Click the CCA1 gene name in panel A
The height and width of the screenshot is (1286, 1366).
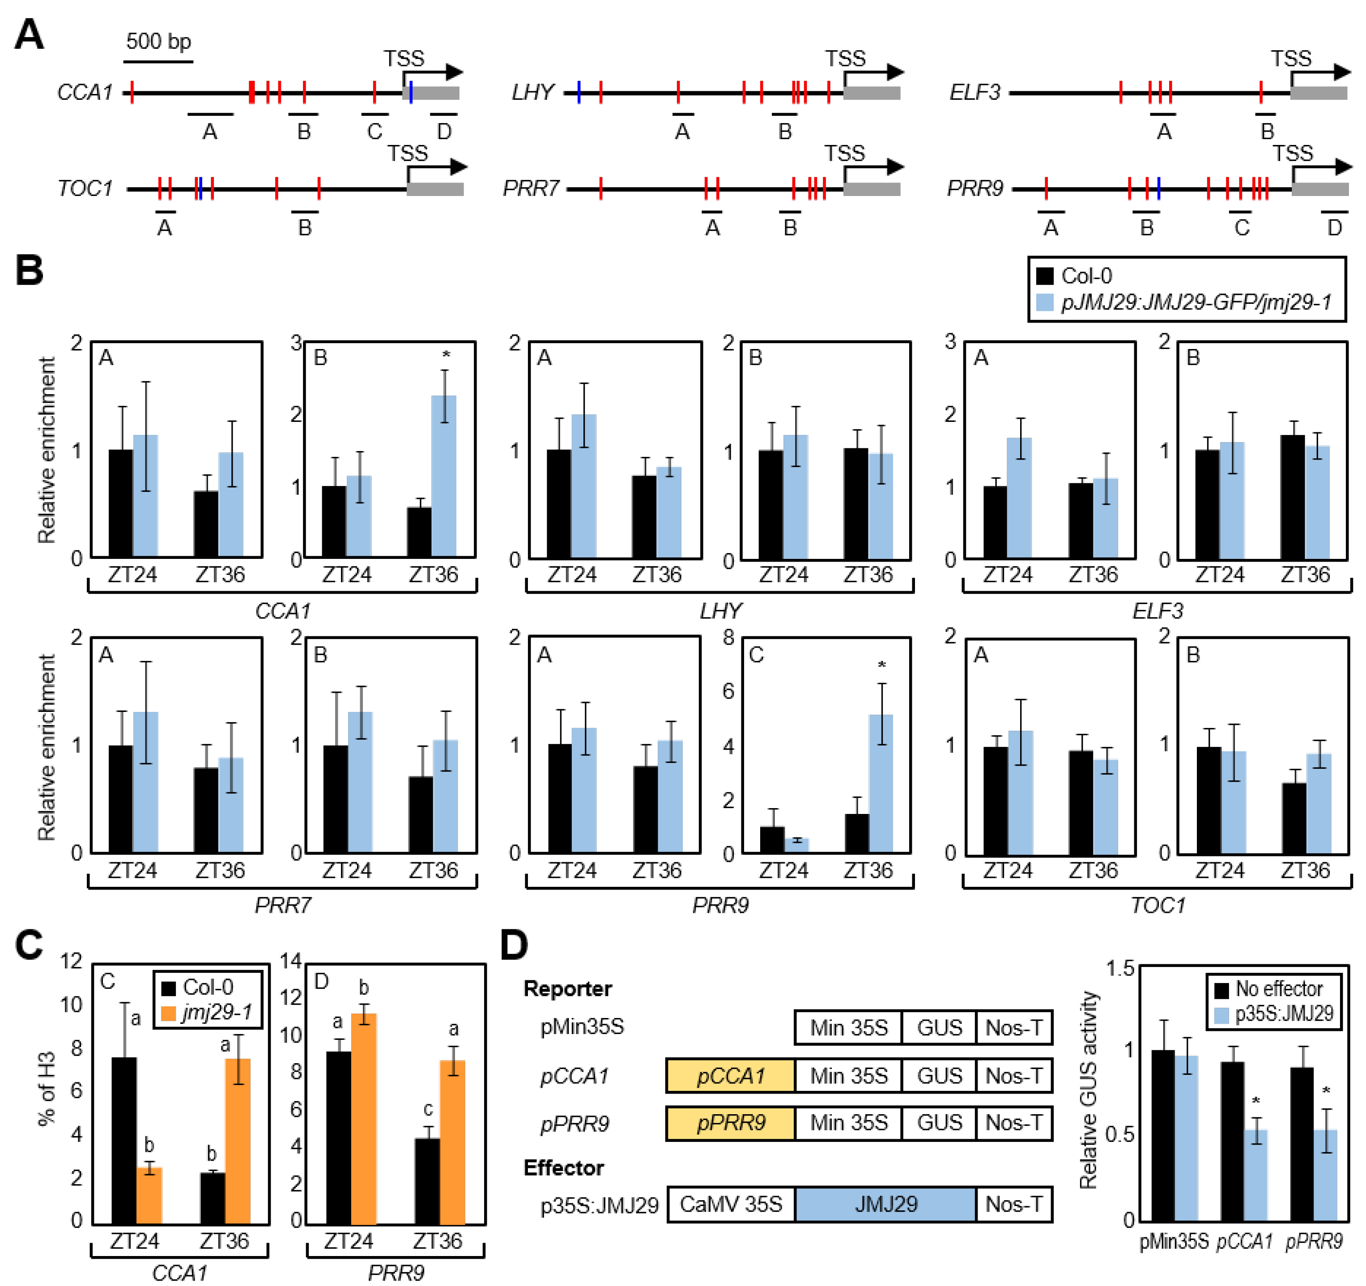pos(85,92)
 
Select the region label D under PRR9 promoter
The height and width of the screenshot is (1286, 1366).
pos(1334,227)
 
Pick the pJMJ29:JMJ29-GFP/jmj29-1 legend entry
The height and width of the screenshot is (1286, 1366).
pos(1196,302)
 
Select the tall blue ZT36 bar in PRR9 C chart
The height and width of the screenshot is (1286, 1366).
pos(881,783)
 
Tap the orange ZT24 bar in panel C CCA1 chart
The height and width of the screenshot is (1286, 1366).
pos(149,1197)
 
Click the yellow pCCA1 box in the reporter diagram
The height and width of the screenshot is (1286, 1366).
pos(730,1076)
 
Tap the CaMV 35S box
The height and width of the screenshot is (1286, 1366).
pos(730,1204)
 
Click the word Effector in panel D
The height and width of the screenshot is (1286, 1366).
pos(563,1168)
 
